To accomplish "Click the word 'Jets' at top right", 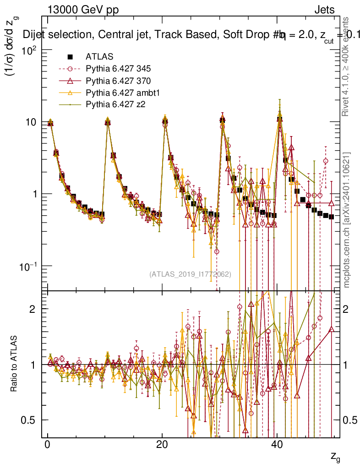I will [x=324, y=10].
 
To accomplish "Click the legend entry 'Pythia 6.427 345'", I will [x=118, y=69].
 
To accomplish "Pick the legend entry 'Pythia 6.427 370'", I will [x=118, y=81].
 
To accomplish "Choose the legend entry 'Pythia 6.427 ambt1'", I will [x=121, y=93].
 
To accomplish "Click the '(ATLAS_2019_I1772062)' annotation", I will [x=190, y=274].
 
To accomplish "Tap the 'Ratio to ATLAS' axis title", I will [x=14, y=364].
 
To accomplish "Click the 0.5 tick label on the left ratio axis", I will [x=31, y=420].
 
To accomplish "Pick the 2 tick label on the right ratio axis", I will [x=346, y=309].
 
